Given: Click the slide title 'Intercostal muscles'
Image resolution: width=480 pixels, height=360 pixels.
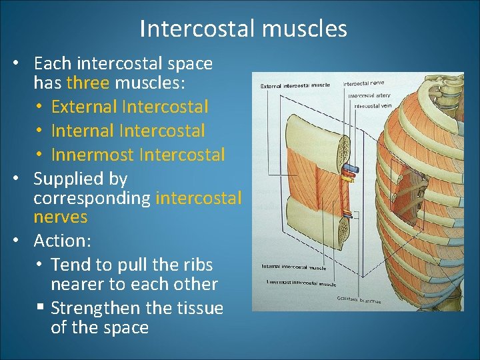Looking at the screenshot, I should click(x=243, y=29).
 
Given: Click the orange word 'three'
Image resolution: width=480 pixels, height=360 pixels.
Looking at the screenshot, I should click(x=89, y=83).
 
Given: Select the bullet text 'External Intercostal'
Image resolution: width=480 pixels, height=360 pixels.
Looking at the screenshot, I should click(x=129, y=107).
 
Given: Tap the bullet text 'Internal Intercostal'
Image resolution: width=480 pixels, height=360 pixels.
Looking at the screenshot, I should click(x=127, y=131).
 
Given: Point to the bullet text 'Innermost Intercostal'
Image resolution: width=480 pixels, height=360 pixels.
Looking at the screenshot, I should click(x=138, y=155).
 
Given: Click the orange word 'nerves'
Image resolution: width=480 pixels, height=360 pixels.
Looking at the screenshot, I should click(x=61, y=217).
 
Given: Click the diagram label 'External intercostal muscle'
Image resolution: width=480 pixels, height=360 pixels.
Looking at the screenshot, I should click(x=295, y=86).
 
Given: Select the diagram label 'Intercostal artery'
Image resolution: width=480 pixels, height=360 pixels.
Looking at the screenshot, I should click(x=369, y=95).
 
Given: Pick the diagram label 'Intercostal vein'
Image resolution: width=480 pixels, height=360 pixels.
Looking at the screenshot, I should click(x=371, y=106).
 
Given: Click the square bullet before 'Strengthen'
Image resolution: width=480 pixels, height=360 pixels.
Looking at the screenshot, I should click(x=41, y=308).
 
